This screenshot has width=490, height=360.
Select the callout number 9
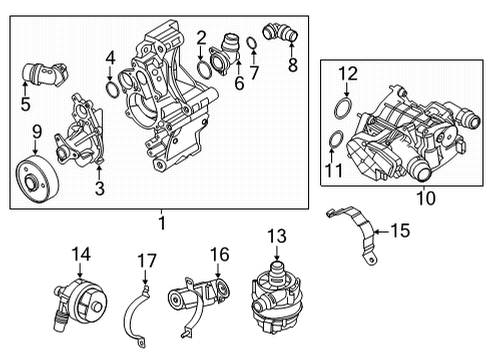tap(36, 131)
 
